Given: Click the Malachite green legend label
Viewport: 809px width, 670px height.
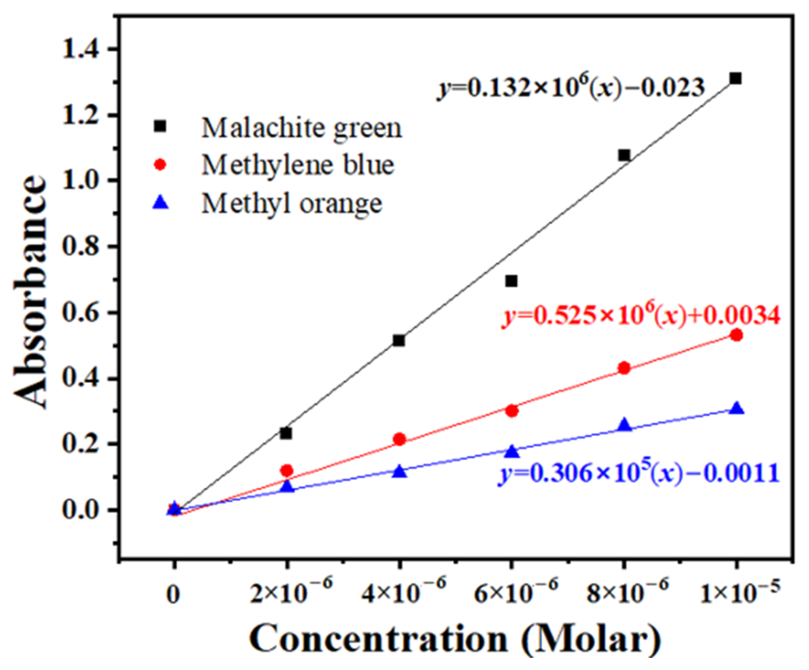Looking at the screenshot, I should coord(302,128).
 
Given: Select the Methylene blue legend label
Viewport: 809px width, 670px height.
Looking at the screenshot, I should coord(298,165).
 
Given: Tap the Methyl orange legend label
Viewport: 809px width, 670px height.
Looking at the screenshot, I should coord(292,203).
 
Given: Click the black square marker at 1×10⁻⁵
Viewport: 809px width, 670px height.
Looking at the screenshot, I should coord(735,78).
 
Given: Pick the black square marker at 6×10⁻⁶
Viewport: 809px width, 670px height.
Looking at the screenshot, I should coord(511,281).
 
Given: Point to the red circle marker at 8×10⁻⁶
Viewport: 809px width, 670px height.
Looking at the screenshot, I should coord(624,368).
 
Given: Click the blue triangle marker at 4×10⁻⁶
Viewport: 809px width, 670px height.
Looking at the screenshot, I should coord(400,472).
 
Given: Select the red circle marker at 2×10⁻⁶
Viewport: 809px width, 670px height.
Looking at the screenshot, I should coord(286,471).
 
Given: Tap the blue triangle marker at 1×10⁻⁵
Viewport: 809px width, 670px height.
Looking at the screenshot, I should coord(737,409).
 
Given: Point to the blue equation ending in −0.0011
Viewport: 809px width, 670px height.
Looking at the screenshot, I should coord(638,473).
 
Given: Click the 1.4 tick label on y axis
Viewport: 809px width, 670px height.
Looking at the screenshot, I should coord(81,49).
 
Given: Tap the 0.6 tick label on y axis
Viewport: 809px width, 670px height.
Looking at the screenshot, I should coord(81,313).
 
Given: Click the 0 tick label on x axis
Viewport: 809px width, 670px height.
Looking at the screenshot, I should coord(173,595).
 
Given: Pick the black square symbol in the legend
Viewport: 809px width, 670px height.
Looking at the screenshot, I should coord(160,126).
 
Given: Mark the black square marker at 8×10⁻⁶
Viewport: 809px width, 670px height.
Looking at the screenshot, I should coord(624,155).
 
